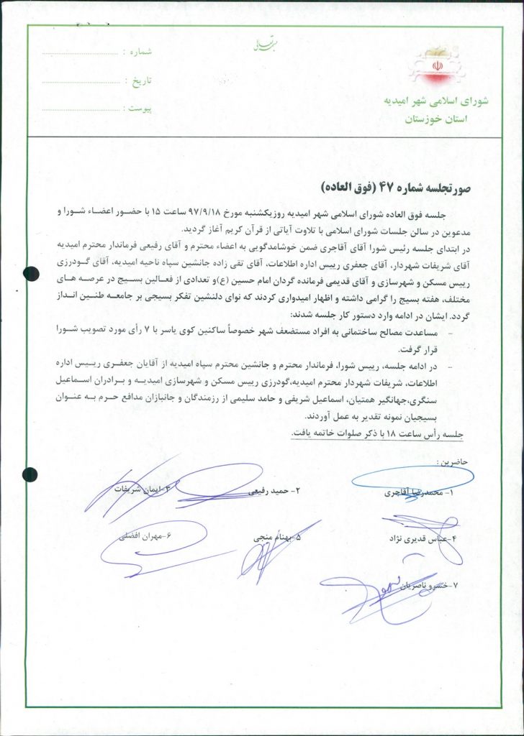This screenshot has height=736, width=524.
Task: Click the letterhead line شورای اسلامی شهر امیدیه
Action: pos(438,101)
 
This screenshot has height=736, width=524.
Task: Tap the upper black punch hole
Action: pos(30,273)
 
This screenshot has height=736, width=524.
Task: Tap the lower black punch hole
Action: pos(30,474)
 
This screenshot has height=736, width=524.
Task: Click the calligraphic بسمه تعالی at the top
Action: pos(258,46)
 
